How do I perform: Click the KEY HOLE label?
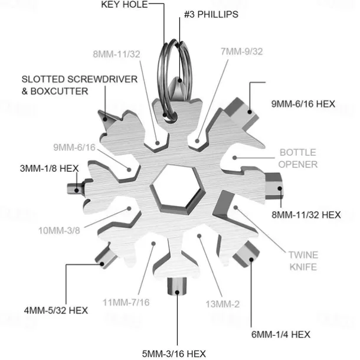coord(124,5)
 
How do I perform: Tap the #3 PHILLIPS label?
coord(211,15)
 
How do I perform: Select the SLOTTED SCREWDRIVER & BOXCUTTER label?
coord(80,85)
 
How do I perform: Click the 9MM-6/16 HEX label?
coord(303,104)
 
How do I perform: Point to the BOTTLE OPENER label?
coord(298,158)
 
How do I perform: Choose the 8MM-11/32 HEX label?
coord(306,215)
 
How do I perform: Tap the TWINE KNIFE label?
coord(303,261)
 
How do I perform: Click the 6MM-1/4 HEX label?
coord(281,335)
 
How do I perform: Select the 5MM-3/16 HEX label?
coord(174,354)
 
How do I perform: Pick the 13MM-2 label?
coord(222,304)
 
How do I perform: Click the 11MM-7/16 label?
coord(126,303)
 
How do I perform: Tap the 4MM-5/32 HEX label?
coord(56,310)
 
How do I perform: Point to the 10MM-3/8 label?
coord(59,231)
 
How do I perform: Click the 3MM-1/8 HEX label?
coord(50,169)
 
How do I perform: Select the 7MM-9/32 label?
coord(242,52)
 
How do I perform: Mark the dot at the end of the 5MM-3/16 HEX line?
coord(177,292)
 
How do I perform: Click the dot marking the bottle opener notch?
coord(234,158)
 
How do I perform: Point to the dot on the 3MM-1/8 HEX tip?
coord(77,190)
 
